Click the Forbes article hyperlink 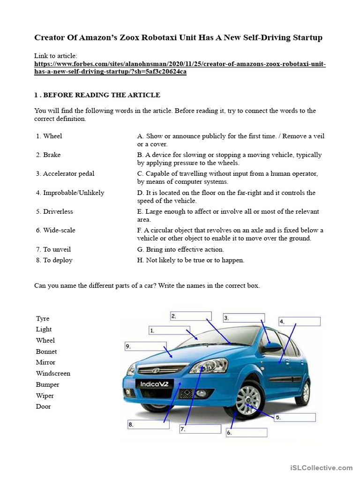click(x=180, y=68)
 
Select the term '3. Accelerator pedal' click(x=65, y=173)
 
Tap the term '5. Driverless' click(x=54, y=211)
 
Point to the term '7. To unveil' click(x=53, y=249)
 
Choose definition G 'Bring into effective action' click(x=180, y=249)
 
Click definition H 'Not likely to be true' click(x=191, y=260)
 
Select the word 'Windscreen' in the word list click(x=53, y=374)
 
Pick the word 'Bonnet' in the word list click(x=46, y=352)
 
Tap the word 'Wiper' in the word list click(x=45, y=396)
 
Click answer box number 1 click(x=169, y=330)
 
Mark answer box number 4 click(x=299, y=322)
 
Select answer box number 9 click(x=145, y=346)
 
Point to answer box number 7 click(x=200, y=429)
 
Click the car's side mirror click(x=271, y=348)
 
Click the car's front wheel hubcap click(x=248, y=401)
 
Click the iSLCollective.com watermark click(x=321, y=467)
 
